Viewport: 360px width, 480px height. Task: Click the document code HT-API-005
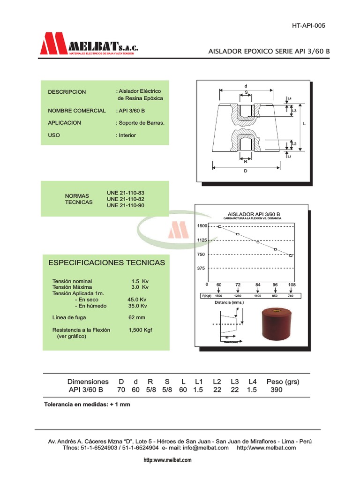(x=308, y=25)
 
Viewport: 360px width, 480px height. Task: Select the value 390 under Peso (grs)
(x=277, y=390)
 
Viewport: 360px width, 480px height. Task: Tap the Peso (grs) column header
(x=283, y=382)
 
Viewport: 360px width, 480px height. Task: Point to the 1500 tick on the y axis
(x=202, y=226)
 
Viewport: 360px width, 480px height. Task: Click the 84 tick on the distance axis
(x=257, y=285)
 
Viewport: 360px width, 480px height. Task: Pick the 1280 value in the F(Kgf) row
(x=238, y=296)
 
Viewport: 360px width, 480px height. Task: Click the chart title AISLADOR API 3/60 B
(x=253, y=214)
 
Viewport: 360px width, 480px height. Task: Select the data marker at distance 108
(x=291, y=255)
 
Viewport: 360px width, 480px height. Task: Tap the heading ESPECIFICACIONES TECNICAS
(x=107, y=262)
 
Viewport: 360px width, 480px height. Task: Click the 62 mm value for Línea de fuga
(x=137, y=317)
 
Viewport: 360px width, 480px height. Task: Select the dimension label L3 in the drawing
(x=294, y=111)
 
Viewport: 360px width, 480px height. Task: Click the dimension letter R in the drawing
(x=245, y=161)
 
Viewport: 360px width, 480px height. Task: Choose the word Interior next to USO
(x=127, y=135)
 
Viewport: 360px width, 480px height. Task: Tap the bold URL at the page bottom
(x=167, y=460)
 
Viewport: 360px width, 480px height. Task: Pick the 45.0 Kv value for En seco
(x=137, y=300)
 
